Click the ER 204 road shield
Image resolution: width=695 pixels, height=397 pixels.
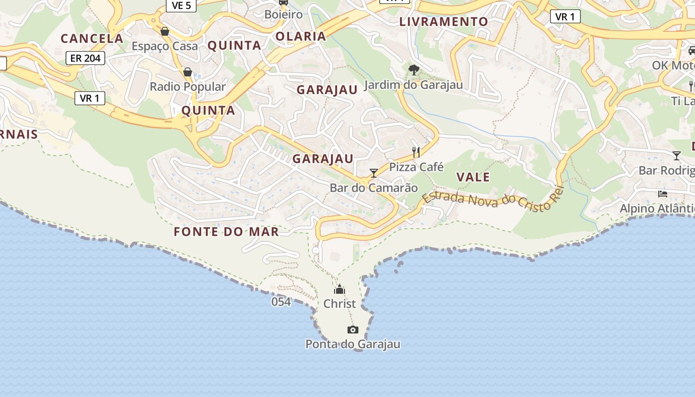click(x=85, y=58)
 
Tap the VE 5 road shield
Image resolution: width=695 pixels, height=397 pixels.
click(x=181, y=5)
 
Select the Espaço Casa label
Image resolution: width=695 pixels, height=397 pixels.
click(x=165, y=46)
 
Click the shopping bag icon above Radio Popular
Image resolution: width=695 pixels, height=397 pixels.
click(x=188, y=72)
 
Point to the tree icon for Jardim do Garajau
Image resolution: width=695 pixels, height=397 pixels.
click(x=414, y=69)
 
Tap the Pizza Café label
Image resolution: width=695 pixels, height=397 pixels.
click(x=416, y=167)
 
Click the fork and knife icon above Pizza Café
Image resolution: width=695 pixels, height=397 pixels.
click(x=416, y=152)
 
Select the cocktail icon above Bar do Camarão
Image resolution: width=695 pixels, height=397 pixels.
click(x=374, y=173)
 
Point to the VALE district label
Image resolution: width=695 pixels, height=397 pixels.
click(x=473, y=177)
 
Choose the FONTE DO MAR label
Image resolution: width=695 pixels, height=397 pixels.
click(x=226, y=232)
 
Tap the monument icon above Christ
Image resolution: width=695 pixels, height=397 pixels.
click(x=340, y=289)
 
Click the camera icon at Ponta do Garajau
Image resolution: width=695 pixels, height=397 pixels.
click(x=353, y=330)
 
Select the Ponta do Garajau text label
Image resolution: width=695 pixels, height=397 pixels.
click(x=352, y=344)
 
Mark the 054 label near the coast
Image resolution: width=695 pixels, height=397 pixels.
click(x=281, y=302)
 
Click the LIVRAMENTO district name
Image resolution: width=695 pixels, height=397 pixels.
click(x=444, y=22)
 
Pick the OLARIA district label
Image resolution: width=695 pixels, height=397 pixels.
click(x=300, y=36)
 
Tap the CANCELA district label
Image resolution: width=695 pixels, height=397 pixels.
click(x=92, y=38)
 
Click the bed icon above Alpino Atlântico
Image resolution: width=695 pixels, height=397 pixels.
click(x=662, y=194)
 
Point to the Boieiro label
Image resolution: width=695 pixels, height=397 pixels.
click(x=283, y=14)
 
